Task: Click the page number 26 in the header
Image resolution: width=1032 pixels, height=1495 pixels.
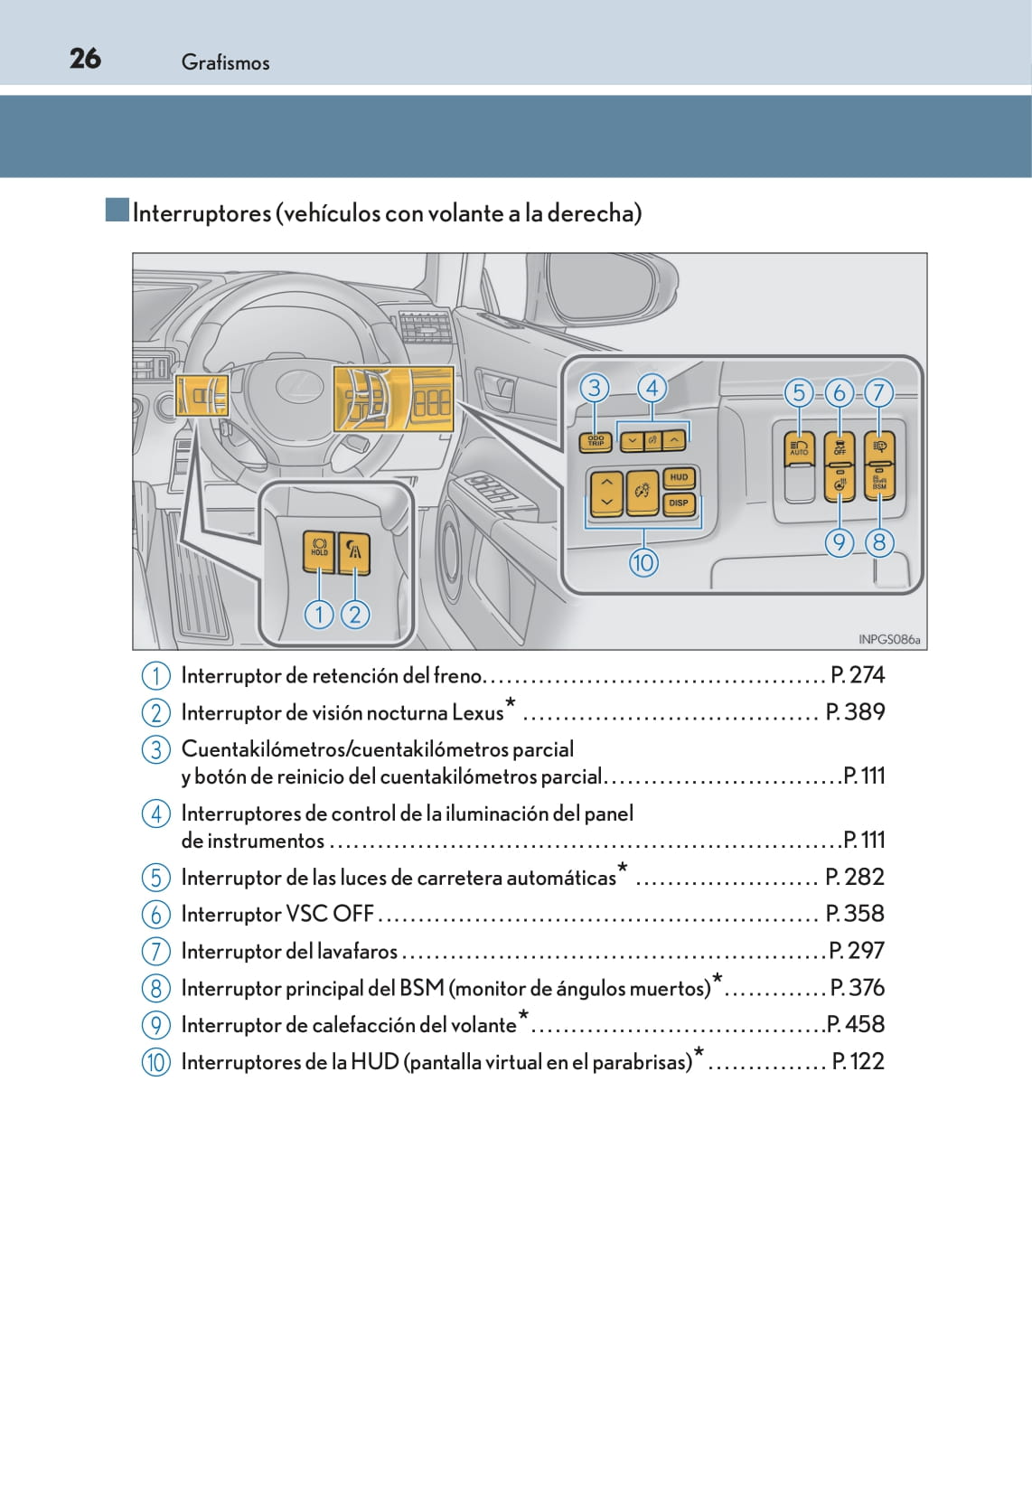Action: coord(85,59)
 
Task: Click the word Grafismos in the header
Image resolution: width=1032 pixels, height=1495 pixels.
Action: coord(225,62)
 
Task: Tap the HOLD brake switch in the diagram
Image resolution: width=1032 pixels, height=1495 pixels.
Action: coord(319,550)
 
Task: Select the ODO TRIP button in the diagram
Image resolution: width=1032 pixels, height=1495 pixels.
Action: coord(596,441)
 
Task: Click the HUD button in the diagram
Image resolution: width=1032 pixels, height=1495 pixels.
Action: coord(679,477)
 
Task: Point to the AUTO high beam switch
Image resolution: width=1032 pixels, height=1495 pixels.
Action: coord(799,448)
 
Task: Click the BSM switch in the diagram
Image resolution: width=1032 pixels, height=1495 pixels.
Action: coord(879,480)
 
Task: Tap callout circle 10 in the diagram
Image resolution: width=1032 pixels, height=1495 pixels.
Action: coord(643,562)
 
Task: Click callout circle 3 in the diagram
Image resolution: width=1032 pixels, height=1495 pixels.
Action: coord(594,388)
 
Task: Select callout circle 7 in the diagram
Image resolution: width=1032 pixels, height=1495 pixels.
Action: coord(877,392)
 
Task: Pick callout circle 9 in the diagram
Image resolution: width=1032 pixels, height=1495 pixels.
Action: coord(840,542)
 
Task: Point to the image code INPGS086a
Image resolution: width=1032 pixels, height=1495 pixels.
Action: coord(888,639)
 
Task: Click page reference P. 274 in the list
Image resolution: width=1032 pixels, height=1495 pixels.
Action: coord(857,675)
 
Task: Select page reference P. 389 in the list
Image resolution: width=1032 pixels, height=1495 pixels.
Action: coord(855,712)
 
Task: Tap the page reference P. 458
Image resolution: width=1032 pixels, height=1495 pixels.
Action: coord(855,1024)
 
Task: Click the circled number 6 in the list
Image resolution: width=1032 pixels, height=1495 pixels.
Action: coord(155,914)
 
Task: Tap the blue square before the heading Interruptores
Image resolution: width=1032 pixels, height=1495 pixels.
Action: coord(117,211)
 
